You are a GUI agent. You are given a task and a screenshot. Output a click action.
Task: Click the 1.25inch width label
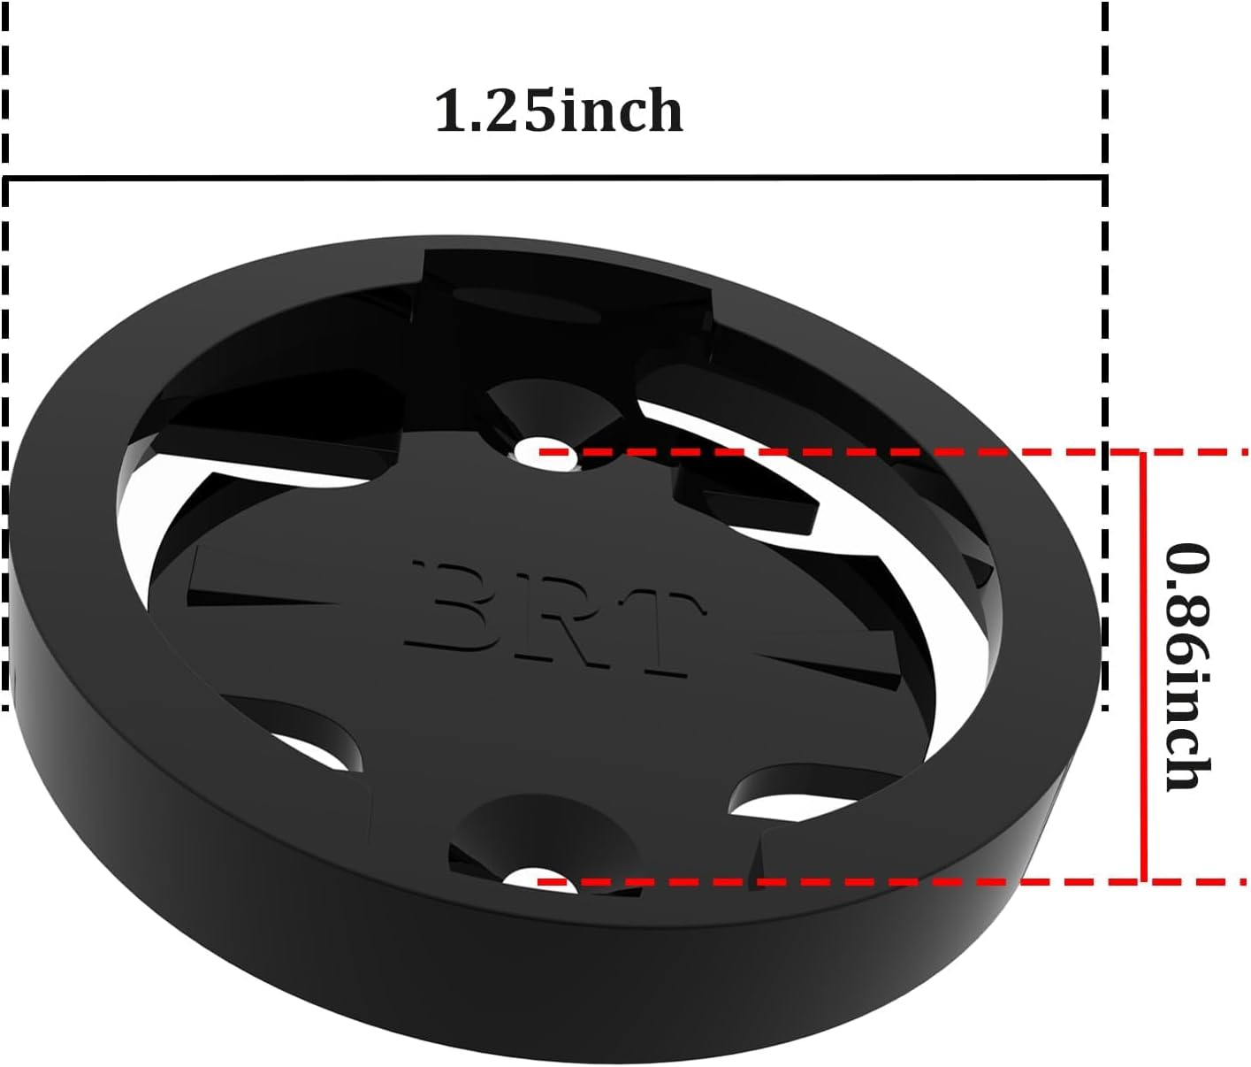(x=559, y=112)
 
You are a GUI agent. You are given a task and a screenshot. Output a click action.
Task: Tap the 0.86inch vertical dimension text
(x=1186, y=666)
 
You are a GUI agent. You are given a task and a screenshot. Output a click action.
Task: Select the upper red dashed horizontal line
(x=884, y=451)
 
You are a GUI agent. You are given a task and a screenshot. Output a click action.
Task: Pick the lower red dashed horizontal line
(x=884, y=882)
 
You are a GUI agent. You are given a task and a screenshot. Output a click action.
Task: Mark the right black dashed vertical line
(x=1104, y=354)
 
